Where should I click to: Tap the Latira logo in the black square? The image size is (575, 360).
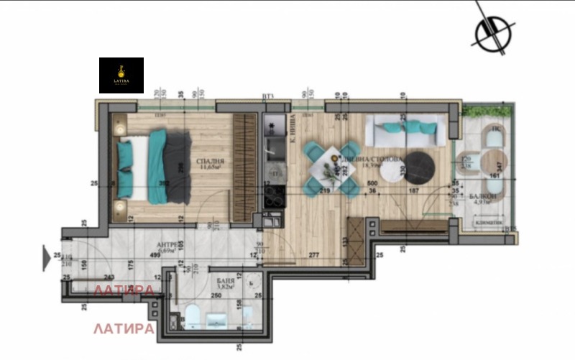[121, 75]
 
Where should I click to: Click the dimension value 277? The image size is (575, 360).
[313, 255]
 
